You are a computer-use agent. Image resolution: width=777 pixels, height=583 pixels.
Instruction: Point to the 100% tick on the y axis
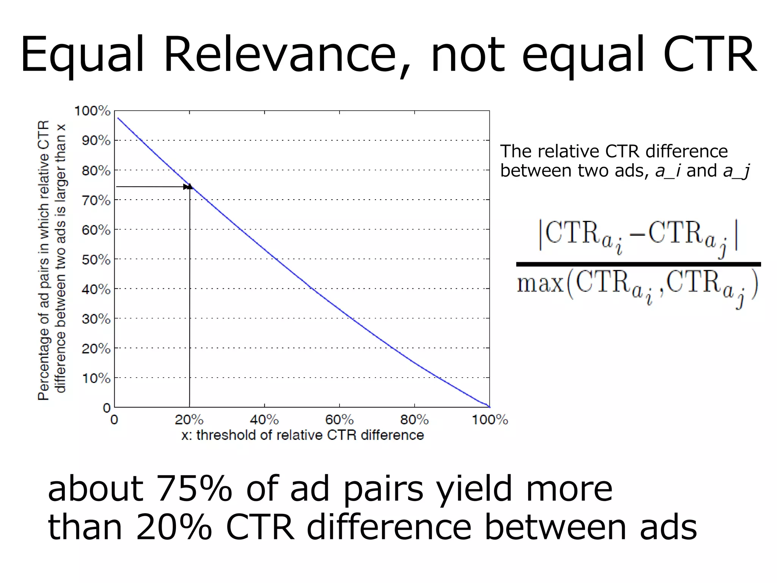coord(92,111)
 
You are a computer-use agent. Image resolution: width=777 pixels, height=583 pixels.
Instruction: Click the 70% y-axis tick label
coord(96,200)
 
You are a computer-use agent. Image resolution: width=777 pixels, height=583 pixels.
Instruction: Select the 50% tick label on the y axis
coord(96,260)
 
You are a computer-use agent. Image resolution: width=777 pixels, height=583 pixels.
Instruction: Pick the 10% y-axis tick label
coord(96,378)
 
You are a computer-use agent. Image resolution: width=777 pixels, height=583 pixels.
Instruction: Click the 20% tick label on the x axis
coord(189,420)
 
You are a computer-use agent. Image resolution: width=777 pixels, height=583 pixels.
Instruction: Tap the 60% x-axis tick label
coord(339,420)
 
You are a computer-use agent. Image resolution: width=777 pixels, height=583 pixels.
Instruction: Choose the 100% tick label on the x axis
coord(490,420)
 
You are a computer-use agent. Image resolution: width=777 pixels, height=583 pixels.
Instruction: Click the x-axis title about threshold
coord(302,435)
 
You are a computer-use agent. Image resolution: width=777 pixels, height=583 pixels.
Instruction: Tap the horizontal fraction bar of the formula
coord(638,264)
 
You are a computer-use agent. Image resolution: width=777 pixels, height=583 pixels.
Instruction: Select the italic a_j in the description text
coord(736,171)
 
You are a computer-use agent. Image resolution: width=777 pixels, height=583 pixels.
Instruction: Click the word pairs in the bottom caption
coord(383,490)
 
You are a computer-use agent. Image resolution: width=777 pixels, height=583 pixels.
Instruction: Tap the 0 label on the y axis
coord(107,408)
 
